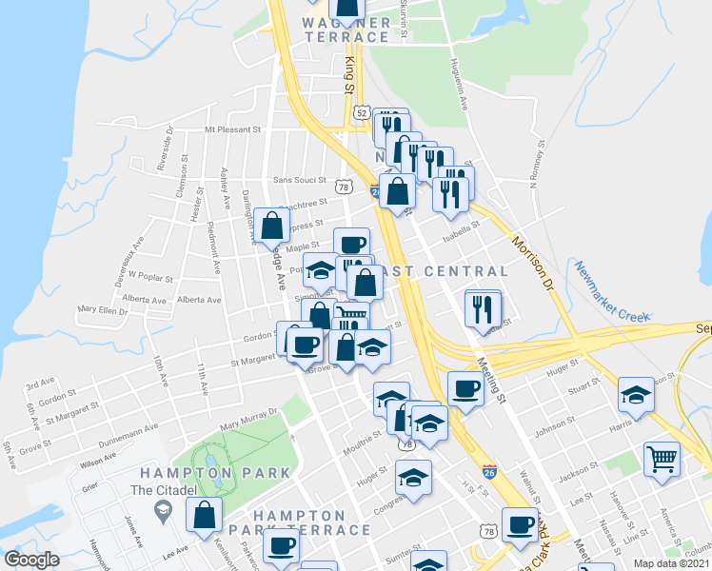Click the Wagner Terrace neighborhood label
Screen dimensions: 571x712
pos(346,30)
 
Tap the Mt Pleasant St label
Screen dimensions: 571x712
pos(232,128)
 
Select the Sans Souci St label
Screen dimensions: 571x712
pos(299,180)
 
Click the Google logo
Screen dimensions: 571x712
pos(31,561)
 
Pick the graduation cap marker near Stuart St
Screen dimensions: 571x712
pos(636,393)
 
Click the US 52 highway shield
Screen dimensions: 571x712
pos(361,112)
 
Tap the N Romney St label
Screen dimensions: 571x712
pos(536,165)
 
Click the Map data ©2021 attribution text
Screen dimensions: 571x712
pos(672,563)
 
